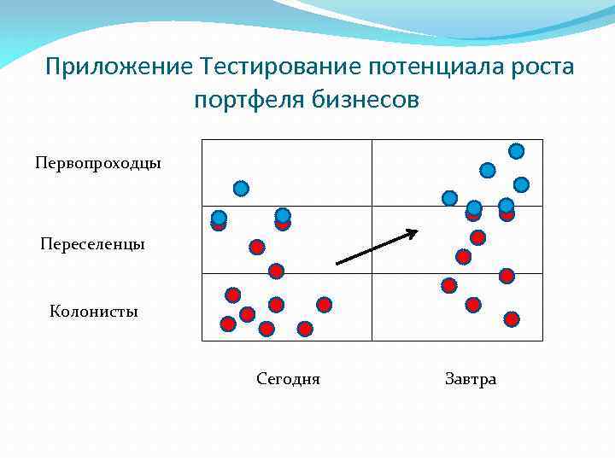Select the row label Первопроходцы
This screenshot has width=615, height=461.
pyautogui.click(x=97, y=162)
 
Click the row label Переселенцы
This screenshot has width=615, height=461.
pyautogui.click(x=92, y=244)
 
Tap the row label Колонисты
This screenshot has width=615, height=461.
pyautogui.click(x=93, y=312)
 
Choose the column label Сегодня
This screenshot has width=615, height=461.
pyautogui.click(x=288, y=379)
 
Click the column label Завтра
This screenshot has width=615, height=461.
pyautogui.click(x=470, y=379)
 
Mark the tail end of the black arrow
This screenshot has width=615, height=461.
pyautogui.click(x=337, y=263)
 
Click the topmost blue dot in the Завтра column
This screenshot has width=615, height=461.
pyautogui.click(x=517, y=151)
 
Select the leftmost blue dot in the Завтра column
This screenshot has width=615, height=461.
pyautogui.click(x=449, y=198)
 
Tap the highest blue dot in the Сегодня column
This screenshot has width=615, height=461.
pyautogui.click(x=241, y=188)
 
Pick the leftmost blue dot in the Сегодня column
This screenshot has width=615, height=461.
pyautogui.click(x=219, y=217)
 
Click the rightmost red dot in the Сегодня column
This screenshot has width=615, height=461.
pyautogui.click(x=324, y=304)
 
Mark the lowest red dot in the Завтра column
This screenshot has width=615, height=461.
pyautogui.click(x=511, y=319)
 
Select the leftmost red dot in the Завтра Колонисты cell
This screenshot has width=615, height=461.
pyautogui.click(x=448, y=285)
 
